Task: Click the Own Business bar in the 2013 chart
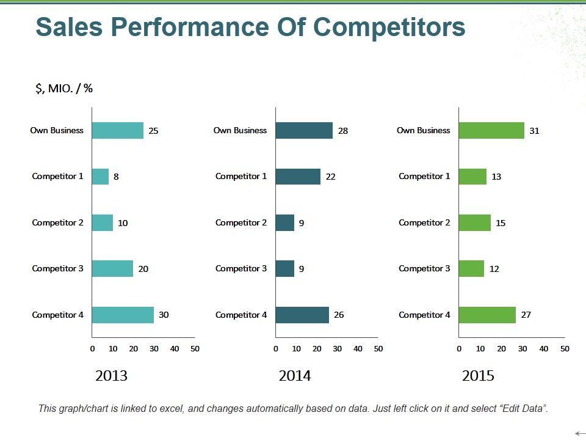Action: (x=118, y=130)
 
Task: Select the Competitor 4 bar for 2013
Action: (x=123, y=315)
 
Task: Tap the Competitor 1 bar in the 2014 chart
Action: (x=298, y=177)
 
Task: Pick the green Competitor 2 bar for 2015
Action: (x=475, y=222)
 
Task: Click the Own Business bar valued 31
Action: (x=491, y=130)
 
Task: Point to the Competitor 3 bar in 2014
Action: (x=285, y=269)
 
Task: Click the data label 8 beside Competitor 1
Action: (x=116, y=177)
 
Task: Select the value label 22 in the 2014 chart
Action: (x=330, y=177)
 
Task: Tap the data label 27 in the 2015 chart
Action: (x=526, y=315)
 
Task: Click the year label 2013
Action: (x=112, y=376)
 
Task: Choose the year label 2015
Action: (x=478, y=376)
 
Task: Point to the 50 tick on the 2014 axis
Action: (x=378, y=349)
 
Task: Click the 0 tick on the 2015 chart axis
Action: (x=459, y=349)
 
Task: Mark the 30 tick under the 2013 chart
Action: (x=154, y=349)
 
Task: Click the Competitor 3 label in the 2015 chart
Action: (x=424, y=268)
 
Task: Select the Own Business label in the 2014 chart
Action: (x=240, y=130)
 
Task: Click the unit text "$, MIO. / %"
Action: (x=64, y=89)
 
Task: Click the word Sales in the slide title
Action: (x=67, y=28)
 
